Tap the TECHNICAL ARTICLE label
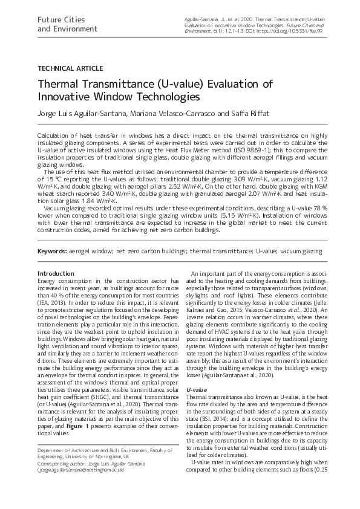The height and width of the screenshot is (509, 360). click(x=70, y=68)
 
